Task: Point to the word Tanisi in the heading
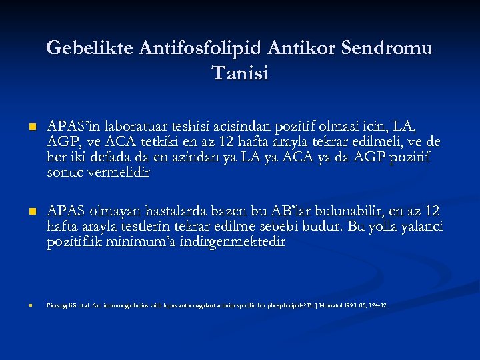coord(240,73)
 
